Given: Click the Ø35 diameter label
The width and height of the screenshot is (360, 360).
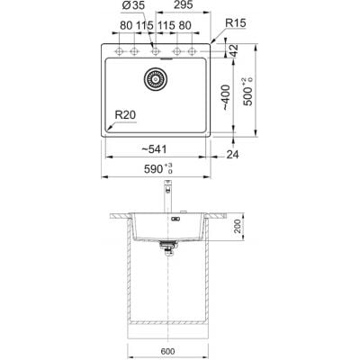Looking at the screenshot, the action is click(133, 5).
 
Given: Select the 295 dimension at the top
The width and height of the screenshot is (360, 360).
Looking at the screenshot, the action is click(183, 5).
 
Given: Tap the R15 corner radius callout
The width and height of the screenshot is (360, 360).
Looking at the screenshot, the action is click(236, 23).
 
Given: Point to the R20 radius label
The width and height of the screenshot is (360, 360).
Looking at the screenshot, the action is click(126, 115).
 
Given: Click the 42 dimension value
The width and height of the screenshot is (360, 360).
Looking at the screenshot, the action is click(234, 50).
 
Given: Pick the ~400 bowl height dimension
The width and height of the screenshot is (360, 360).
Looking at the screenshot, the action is click(226, 98).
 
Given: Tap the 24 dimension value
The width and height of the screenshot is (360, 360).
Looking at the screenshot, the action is click(232, 155).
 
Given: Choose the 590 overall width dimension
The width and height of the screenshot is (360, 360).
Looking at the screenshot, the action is click(158, 169).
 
